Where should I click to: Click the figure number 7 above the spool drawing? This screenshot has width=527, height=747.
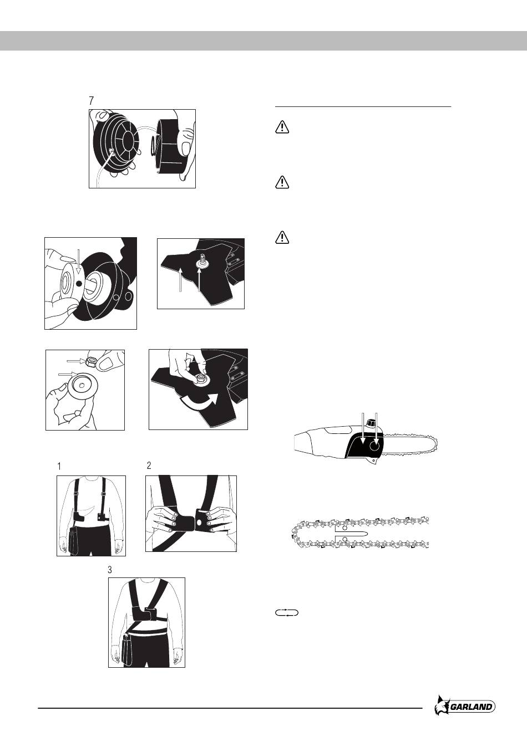click(92, 101)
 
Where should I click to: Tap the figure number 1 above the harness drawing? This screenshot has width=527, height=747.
click(59, 467)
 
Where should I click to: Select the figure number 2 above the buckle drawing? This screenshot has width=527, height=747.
click(149, 465)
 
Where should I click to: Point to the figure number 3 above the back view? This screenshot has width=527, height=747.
click(110, 570)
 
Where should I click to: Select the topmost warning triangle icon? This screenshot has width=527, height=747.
click(282, 127)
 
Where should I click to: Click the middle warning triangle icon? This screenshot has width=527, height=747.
click(282, 183)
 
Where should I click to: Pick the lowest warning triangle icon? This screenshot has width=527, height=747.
click(282, 238)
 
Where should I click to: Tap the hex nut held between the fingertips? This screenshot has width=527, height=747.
click(91, 361)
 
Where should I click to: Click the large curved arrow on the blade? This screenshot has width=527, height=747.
click(199, 401)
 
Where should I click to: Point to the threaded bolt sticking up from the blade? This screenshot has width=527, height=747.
click(202, 258)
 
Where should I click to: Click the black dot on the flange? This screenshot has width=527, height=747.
click(79, 284)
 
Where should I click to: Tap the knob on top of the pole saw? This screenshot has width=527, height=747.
click(370, 423)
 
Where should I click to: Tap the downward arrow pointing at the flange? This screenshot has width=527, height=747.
click(77, 258)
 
